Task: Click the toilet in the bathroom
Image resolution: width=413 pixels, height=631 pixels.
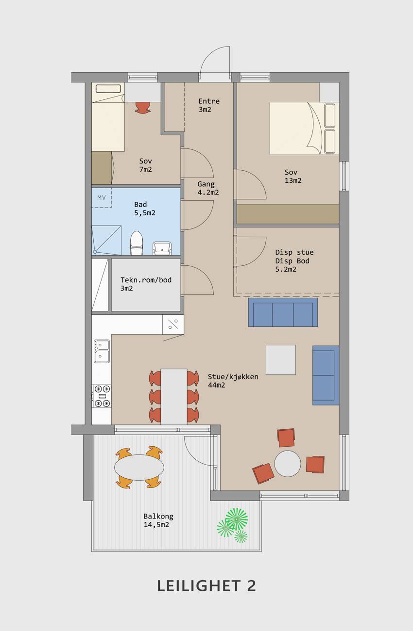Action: [x=137, y=243]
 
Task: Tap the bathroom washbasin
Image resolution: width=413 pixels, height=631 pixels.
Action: [x=162, y=248]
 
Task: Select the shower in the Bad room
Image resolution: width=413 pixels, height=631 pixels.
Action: [x=107, y=240]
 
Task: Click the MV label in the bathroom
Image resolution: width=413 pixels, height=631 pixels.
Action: [x=102, y=198]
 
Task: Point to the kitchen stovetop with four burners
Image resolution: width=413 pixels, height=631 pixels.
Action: [x=102, y=396]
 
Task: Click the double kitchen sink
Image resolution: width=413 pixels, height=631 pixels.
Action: [x=102, y=351]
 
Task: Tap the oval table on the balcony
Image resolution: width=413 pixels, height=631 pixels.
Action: [x=139, y=467]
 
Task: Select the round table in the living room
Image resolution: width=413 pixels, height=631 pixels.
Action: [x=287, y=463]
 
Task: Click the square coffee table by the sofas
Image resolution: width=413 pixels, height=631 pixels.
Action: [x=281, y=360]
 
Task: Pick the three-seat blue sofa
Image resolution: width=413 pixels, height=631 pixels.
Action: [x=283, y=312]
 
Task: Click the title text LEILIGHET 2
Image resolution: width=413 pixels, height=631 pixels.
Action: [x=206, y=586]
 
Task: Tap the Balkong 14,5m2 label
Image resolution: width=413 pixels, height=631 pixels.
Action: [x=158, y=520]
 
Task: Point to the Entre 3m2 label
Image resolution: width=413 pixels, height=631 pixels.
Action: [x=209, y=105]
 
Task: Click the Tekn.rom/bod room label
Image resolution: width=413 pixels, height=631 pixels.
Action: [x=146, y=284]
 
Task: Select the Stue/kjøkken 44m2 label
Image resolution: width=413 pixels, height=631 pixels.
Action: [x=233, y=381]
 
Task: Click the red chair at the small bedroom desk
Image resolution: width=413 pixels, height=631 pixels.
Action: [x=143, y=107]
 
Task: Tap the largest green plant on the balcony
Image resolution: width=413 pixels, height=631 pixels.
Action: [x=237, y=519]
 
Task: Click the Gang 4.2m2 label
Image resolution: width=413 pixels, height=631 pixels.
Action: [x=208, y=188]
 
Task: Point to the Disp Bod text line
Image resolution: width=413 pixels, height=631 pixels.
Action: [x=292, y=261]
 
